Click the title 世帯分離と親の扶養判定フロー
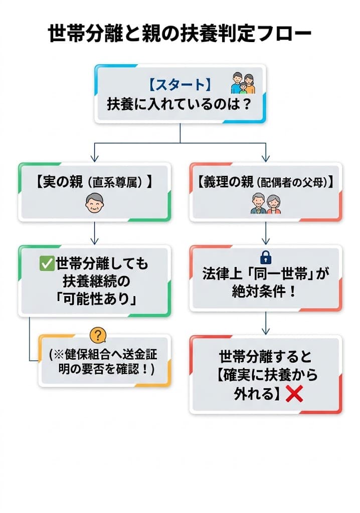pyautogui.click(x=179, y=35)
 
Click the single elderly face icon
pyautogui.click(x=94, y=204)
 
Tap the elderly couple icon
pyautogui.click(x=266, y=204)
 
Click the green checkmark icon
pyautogui.click(x=47, y=263)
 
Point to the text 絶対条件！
pyautogui.click(x=266, y=292)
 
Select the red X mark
pyautogui.click(x=294, y=395)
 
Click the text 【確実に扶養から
pyautogui.click(x=266, y=375)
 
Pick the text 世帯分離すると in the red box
pyautogui.click(x=266, y=357)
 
